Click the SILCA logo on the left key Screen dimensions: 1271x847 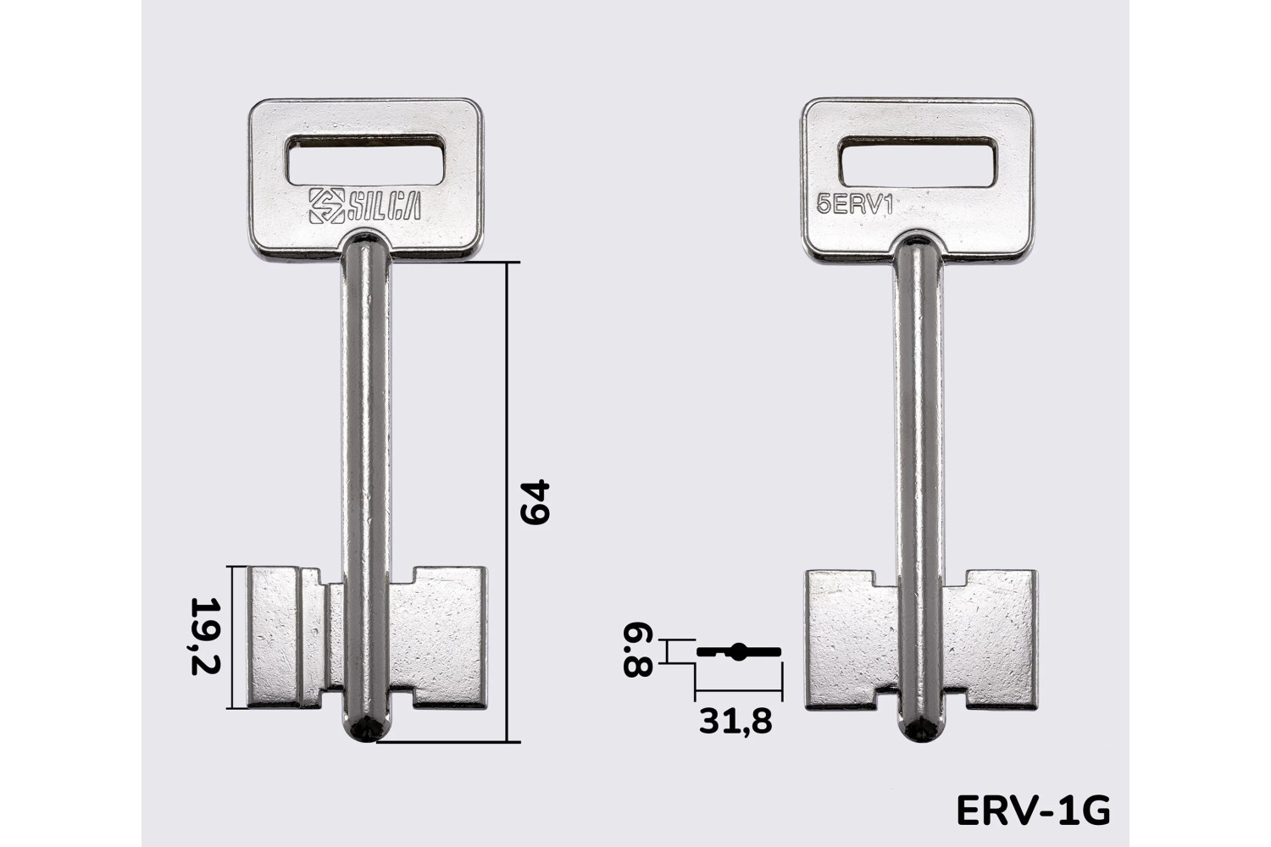click(365, 205)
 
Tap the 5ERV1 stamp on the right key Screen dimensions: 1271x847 click(854, 205)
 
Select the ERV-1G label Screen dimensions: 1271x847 click(1033, 811)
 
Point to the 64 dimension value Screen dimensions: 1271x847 click(535, 501)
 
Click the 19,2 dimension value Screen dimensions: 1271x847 click(204, 635)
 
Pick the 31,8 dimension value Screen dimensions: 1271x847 click(735, 721)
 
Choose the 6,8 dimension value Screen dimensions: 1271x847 click(638, 650)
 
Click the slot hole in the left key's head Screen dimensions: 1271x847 click(366, 159)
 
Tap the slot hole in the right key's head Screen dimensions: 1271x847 click(918, 162)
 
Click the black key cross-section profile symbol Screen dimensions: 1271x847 click(739, 652)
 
